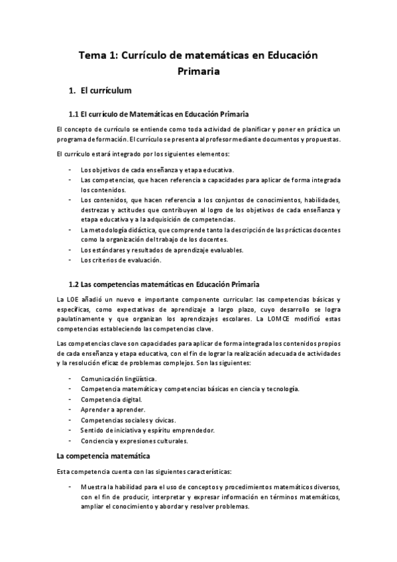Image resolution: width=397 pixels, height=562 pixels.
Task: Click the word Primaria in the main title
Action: click(x=198, y=70)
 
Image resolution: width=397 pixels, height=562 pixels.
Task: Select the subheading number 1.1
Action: click(x=74, y=114)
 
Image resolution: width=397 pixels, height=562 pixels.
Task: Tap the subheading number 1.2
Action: click(x=74, y=286)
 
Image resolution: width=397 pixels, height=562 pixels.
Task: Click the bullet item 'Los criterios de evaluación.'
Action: click(x=121, y=260)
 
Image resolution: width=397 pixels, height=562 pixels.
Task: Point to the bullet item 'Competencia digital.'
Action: click(x=111, y=400)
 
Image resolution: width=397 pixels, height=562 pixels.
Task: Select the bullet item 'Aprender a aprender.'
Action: click(x=113, y=410)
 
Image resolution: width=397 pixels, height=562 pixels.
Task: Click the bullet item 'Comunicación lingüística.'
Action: click(x=119, y=378)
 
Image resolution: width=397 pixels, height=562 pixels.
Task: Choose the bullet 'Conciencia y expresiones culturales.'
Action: click(x=133, y=441)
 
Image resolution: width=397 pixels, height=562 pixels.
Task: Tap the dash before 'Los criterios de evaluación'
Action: click(x=71, y=260)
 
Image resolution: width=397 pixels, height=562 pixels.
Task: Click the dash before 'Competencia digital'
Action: click(x=71, y=400)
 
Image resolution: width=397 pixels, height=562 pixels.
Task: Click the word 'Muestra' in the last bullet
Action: click(x=93, y=487)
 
